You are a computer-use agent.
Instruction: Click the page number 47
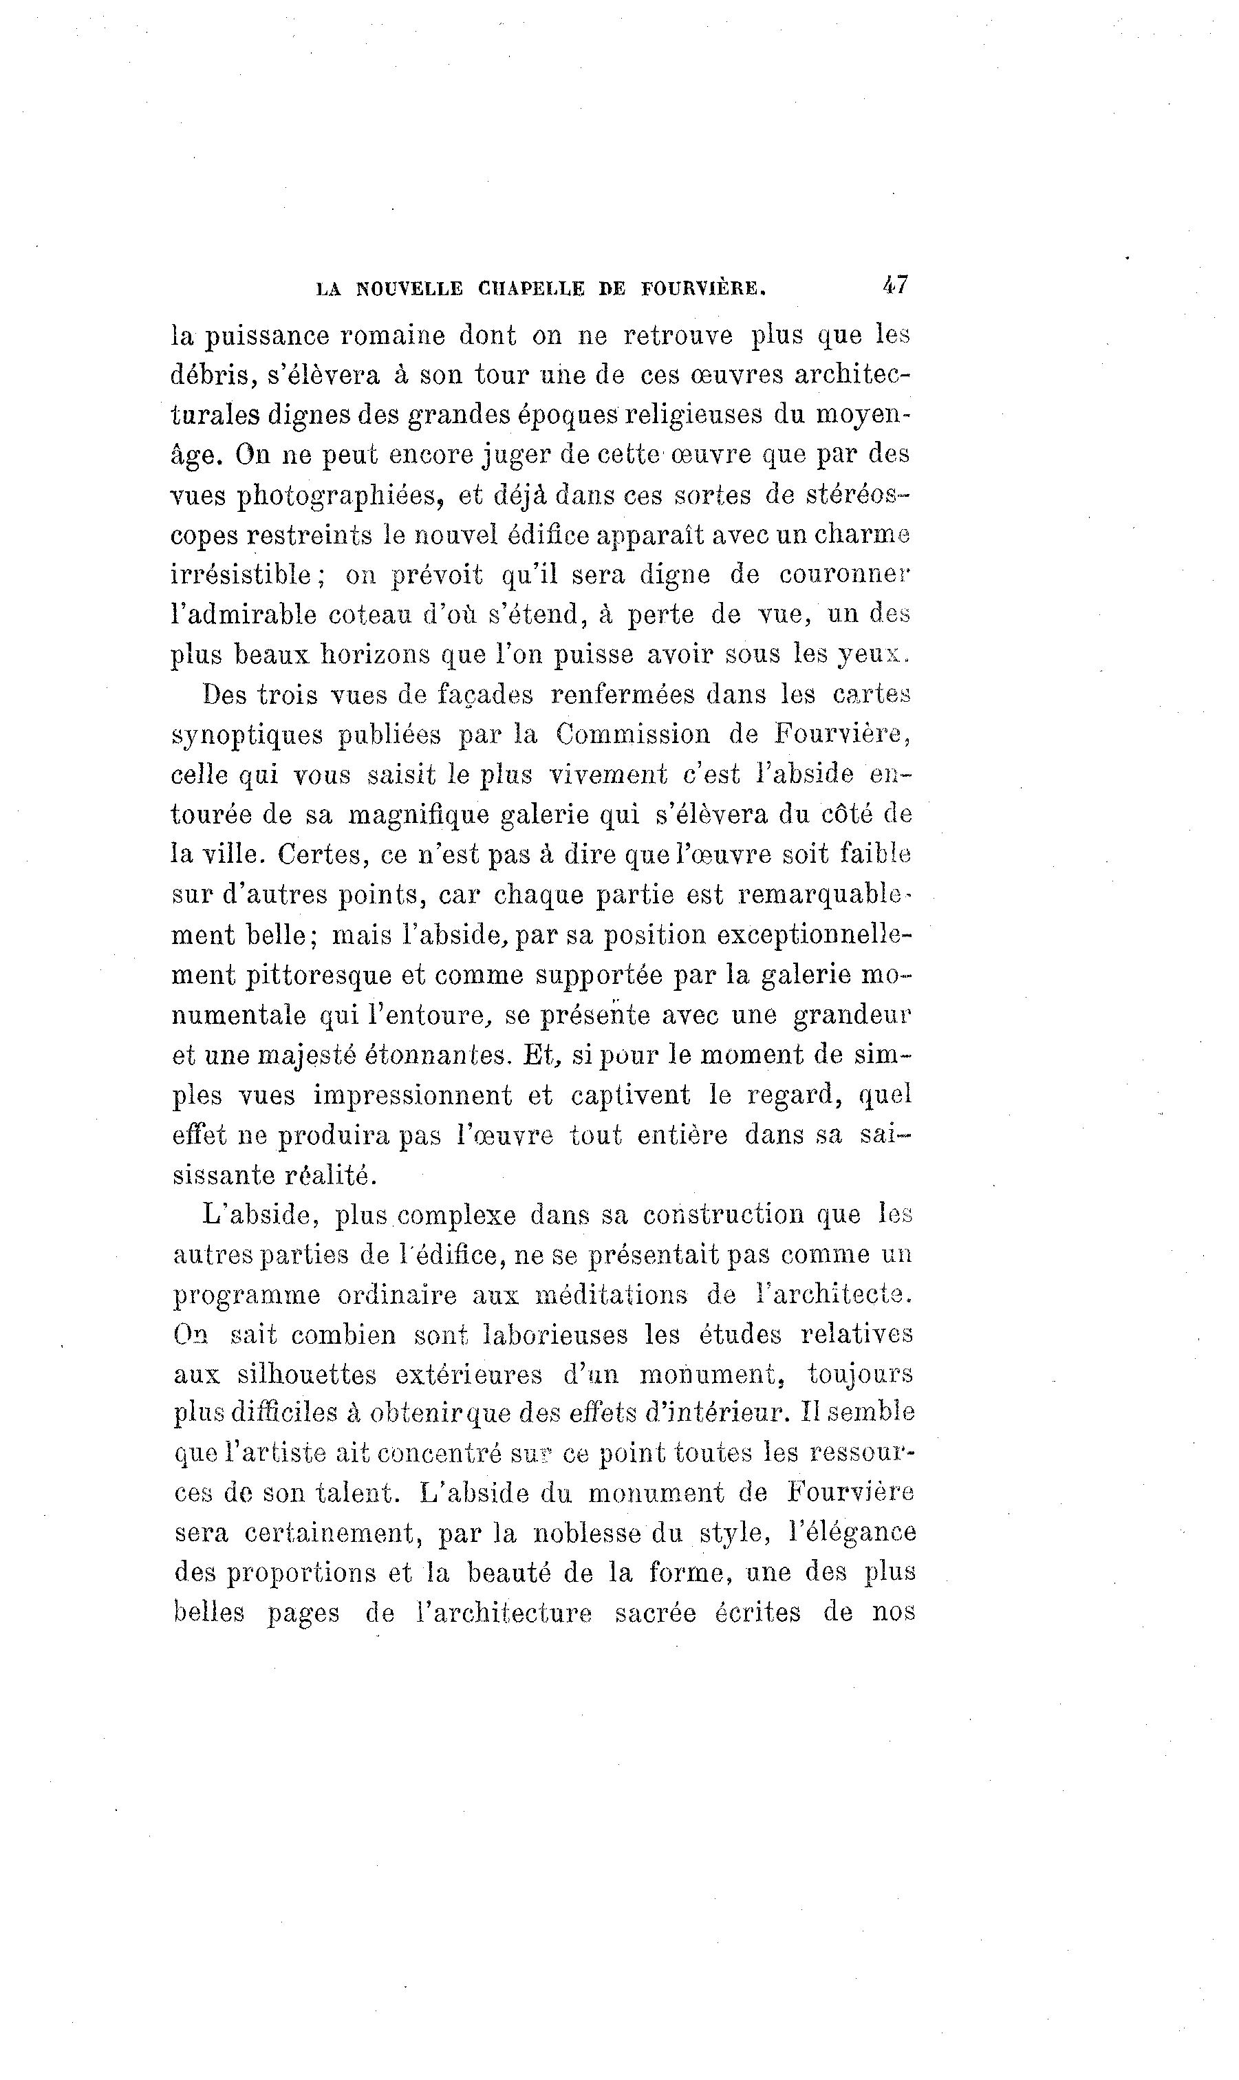click(894, 285)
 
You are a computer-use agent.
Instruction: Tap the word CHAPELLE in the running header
click(531, 289)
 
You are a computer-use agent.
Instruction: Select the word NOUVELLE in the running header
click(409, 289)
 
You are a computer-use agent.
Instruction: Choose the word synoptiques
click(246, 736)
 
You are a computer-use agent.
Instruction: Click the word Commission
click(633, 734)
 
